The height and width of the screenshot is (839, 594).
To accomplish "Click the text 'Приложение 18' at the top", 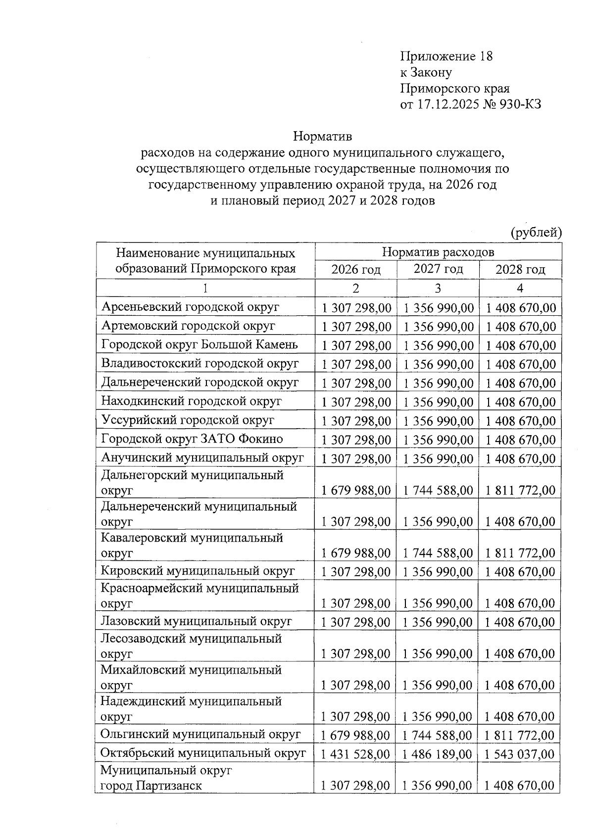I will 446,56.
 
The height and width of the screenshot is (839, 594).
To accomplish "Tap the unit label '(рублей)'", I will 536,233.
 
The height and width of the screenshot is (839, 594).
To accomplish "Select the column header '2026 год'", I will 355,270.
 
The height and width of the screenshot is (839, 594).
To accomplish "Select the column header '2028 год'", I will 520,270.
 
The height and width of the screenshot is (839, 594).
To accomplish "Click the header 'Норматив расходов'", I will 438,251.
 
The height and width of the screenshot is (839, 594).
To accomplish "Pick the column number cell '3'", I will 438,288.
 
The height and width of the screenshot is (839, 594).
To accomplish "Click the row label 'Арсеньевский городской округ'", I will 190,307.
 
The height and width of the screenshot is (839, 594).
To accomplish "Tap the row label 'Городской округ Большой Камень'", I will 199,345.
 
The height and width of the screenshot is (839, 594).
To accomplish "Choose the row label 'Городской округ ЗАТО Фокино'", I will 192,439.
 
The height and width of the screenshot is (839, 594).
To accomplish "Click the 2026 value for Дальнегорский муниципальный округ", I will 356,491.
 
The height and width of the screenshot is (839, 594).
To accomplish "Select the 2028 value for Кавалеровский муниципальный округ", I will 520,553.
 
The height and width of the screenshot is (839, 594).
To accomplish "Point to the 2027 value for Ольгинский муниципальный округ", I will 438,735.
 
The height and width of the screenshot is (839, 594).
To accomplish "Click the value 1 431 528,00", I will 355,754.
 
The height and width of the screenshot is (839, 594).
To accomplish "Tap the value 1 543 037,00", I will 520,754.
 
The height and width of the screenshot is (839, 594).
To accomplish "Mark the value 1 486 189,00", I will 438,754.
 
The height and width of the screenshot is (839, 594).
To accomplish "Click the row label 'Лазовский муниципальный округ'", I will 196,621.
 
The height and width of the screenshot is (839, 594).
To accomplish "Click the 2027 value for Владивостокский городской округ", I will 438,364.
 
